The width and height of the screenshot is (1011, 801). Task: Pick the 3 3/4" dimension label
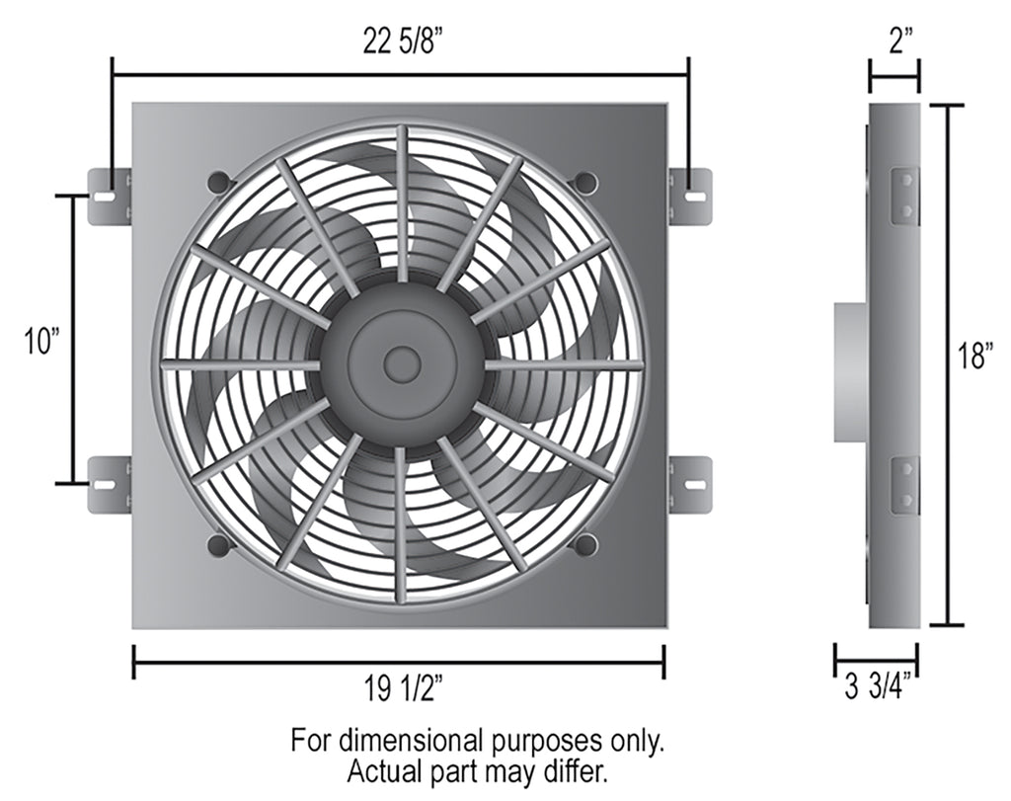click(x=876, y=687)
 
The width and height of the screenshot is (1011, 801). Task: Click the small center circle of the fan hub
click(x=402, y=364)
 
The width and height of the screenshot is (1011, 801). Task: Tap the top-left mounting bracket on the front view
click(x=109, y=196)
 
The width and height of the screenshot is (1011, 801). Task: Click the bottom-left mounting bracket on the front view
click(x=109, y=484)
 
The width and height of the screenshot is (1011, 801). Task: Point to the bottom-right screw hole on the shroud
click(x=584, y=544)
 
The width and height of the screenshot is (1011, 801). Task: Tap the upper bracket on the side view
click(x=904, y=196)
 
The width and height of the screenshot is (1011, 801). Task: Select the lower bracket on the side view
click(x=904, y=484)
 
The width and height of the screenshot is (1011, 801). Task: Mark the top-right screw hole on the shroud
click(x=584, y=182)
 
